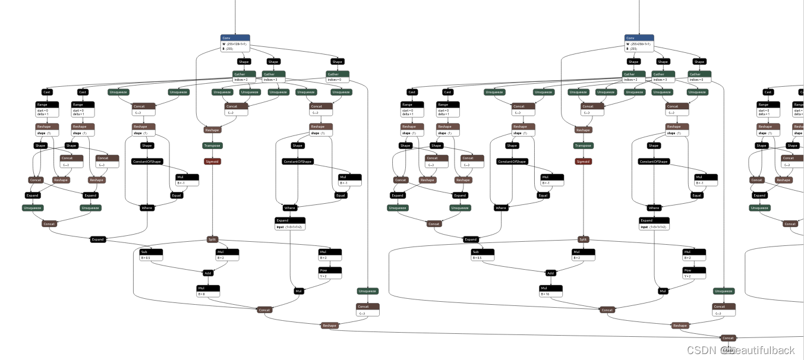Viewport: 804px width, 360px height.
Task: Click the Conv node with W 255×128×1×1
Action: point(235,43)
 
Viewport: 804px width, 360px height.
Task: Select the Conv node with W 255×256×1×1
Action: point(639,43)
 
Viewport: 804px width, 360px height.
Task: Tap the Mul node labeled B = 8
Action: point(208,291)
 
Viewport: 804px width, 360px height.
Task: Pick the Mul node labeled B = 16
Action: point(550,291)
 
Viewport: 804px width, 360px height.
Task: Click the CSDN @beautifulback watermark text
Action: point(740,350)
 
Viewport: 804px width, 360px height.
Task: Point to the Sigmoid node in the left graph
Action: point(212,162)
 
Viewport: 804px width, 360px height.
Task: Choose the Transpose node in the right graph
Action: point(583,146)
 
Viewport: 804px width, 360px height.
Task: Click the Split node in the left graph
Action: point(212,239)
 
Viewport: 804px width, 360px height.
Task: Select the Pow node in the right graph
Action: point(694,273)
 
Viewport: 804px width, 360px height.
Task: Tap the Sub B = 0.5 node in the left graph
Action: point(151,254)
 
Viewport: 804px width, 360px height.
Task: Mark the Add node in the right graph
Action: point(550,273)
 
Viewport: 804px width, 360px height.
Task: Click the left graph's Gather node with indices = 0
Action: point(337,77)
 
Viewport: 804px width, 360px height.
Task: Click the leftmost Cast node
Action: point(46,92)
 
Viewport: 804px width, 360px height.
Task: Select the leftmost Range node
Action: point(46,109)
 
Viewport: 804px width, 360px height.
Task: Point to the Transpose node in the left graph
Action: point(212,146)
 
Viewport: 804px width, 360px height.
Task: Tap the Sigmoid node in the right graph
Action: point(583,162)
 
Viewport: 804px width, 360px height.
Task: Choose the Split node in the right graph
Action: point(583,239)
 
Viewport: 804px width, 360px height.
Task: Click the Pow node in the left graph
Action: point(330,273)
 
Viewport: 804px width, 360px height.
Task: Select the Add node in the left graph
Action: point(207,273)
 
